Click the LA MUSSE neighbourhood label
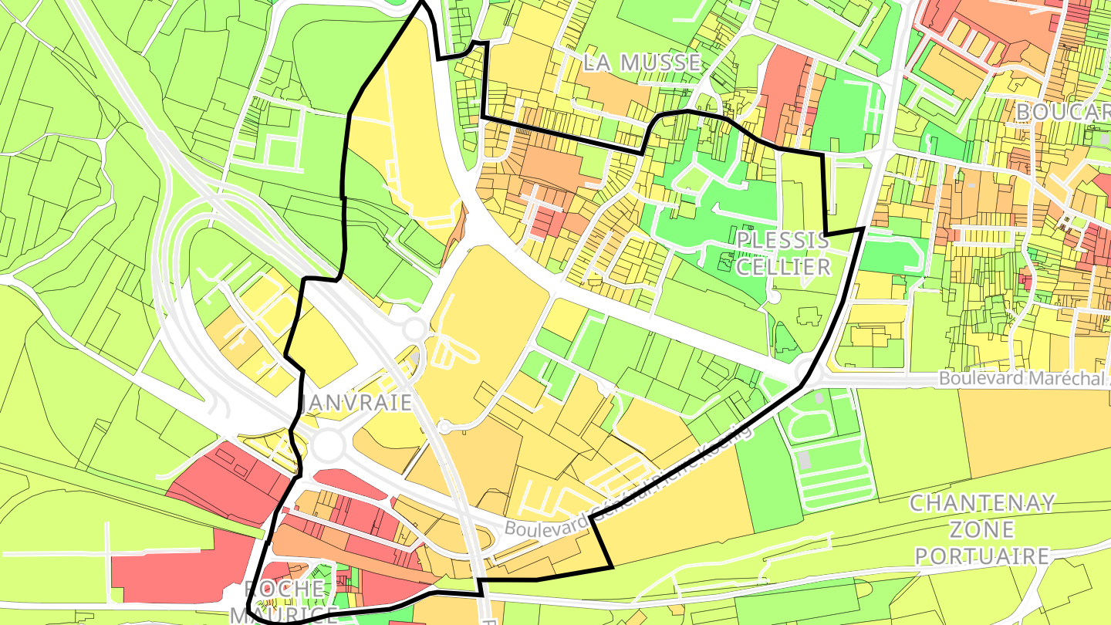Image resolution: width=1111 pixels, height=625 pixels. click(x=642, y=62)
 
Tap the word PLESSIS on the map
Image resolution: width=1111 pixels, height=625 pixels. click(x=782, y=240)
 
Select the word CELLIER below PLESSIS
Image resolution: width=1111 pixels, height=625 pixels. click(x=783, y=267)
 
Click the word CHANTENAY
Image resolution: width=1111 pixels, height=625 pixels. click(x=982, y=504)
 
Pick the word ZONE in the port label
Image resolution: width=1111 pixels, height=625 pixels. click(x=982, y=530)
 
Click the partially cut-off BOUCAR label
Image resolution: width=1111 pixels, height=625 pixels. click(x=1062, y=112)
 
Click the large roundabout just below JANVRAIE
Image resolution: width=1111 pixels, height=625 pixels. click(x=328, y=444)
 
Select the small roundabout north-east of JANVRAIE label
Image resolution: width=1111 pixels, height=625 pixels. click(x=414, y=329)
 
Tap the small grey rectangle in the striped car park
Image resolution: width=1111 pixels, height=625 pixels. click(x=805, y=461)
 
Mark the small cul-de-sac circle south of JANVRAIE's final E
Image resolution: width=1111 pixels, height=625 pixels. click(x=444, y=426)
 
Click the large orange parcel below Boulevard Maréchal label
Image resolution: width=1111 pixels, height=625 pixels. click(x=1034, y=432)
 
